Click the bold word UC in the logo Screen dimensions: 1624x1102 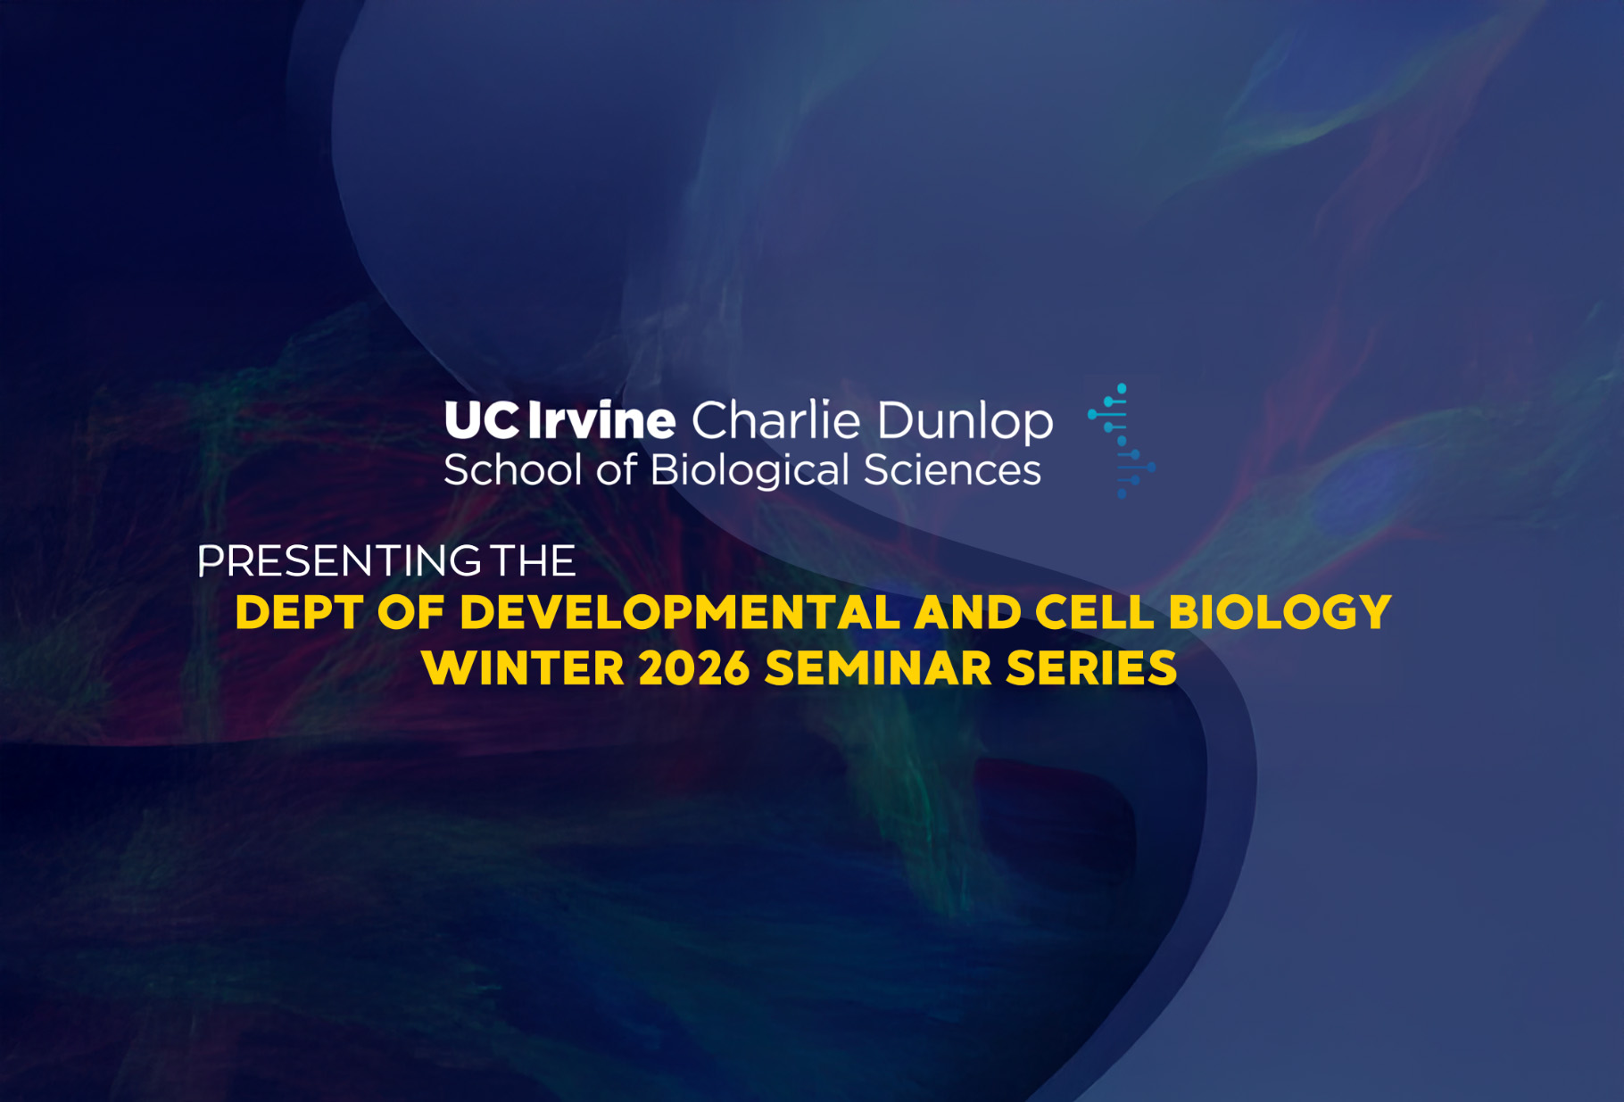pos(482,420)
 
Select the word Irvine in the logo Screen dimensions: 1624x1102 pos(601,419)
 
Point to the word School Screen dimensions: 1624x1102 pos(513,469)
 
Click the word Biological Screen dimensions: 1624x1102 pos(750,471)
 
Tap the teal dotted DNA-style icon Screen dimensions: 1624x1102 pos(1122,441)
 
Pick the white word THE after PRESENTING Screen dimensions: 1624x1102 pos(533,561)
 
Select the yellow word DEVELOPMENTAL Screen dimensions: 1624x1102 pos(680,613)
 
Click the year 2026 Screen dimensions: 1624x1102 pos(694,668)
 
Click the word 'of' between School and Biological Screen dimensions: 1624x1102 pos(617,469)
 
